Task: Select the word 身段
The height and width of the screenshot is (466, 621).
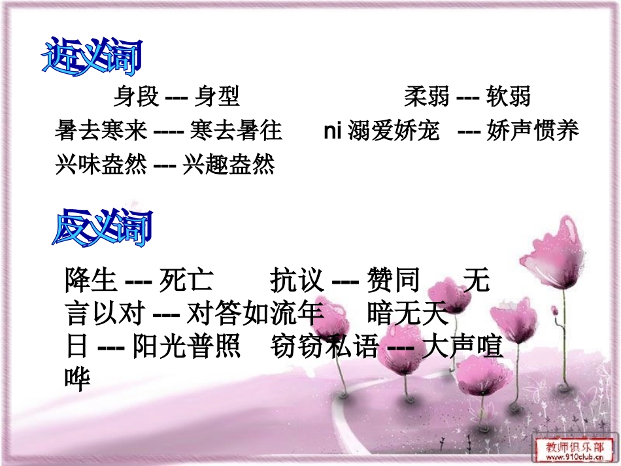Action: (136, 97)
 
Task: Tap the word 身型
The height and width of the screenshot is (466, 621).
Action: (216, 97)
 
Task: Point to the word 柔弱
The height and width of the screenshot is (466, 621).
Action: (426, 97)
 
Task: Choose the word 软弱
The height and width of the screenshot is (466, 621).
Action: (508, 97)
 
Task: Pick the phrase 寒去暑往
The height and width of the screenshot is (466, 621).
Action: (236, 131)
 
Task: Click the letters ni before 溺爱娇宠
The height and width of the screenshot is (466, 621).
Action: (333, 131)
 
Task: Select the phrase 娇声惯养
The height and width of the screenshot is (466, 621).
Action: (533, 131)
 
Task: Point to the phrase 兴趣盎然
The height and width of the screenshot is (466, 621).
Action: (228, 165)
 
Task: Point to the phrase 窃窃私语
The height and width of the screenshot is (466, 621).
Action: (324, 346)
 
